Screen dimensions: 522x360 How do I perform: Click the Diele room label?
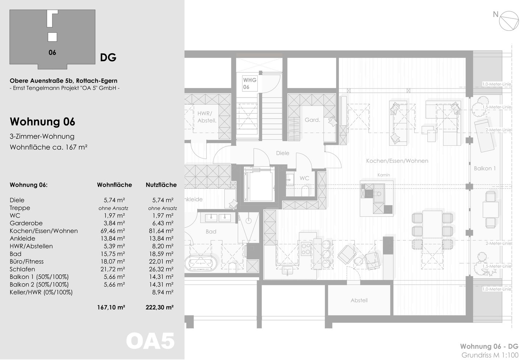click(282, 153)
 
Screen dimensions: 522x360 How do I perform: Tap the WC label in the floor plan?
click(304, 178)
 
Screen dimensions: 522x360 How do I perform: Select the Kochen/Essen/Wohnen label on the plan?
click(397, 161)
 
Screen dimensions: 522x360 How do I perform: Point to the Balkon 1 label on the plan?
click(485, 168)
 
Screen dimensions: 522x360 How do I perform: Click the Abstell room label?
click(359, 300)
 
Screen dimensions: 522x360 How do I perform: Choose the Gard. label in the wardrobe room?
click(312, 120)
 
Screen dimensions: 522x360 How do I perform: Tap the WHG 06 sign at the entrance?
click(249, 83)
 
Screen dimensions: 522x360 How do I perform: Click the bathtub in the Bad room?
click(201, 263)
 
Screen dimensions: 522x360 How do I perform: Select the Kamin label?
click(384, 175)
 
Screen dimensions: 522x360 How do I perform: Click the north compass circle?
click(509, 21)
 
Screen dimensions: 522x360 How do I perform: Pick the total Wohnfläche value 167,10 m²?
click(111, 307)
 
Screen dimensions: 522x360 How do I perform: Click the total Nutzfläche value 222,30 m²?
click(159, 307)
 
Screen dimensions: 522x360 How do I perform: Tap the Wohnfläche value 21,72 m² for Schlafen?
click(112, 269)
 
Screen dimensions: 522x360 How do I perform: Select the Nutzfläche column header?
click(161, 185)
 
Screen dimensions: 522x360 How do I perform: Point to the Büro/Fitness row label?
click(26, 261)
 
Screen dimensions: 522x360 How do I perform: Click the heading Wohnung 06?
click(42, 121)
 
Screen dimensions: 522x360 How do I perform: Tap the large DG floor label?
click(108, 58)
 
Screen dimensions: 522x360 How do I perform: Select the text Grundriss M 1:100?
click(490, 355)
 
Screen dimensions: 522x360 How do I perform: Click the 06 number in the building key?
click(52, 53)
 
